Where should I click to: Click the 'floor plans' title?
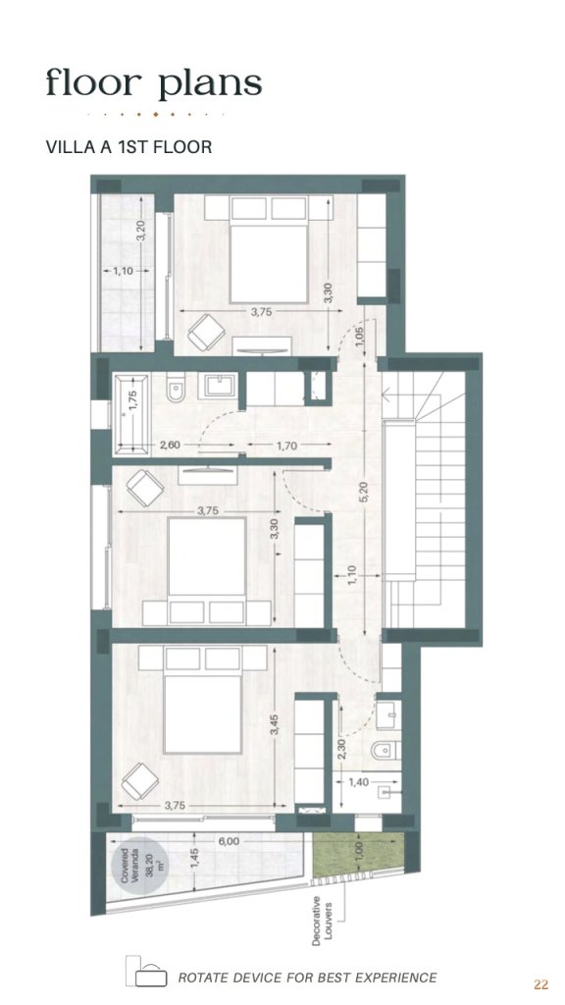(x=154, y=84)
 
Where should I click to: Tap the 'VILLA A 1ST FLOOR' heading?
(x=128, y=147)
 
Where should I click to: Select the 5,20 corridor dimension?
(x=363, y=492)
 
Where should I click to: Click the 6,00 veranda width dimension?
(x=228, y=841)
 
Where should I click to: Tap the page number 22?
(x=540, y=984)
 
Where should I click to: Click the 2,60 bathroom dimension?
(x=169, y=445)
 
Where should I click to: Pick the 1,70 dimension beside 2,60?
(x=287, y=446)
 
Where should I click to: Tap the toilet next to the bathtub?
(x=176, y=389)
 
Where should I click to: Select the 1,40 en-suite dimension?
(x=359, y=782)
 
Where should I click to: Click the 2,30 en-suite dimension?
(x=340, y=749)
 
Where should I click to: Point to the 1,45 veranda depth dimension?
(x=195, y=860)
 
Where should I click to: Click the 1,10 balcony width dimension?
(x=123, y=271)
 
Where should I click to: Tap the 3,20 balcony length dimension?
(x=141, y=231)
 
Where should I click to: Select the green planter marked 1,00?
(x=358, y=855)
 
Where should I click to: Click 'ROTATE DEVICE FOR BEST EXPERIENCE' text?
(x=307, y=979)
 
